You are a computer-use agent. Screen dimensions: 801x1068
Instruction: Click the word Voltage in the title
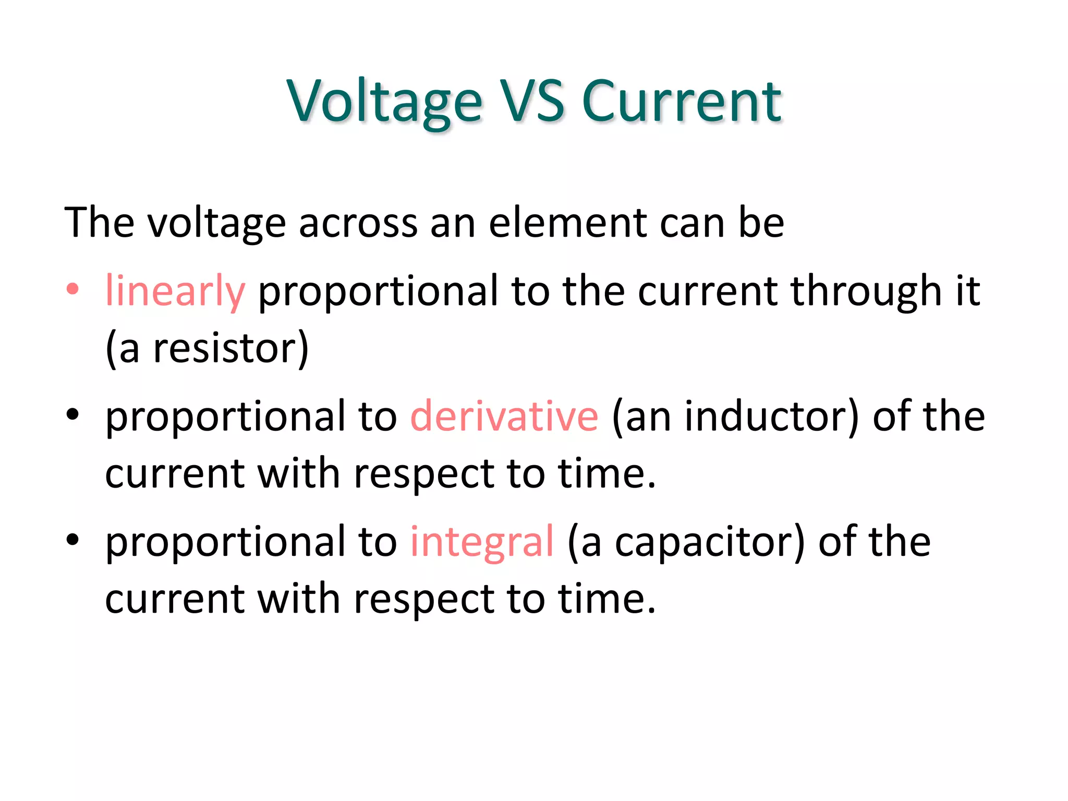click(x=384, y=102)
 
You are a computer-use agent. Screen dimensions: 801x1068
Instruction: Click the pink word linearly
click(x=175, y=292)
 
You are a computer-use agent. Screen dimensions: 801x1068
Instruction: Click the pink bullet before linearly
click(x=72, y=289)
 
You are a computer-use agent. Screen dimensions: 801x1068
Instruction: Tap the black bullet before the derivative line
click(x=72, y=415)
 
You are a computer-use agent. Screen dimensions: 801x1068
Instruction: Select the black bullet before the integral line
click(x=72, y=540)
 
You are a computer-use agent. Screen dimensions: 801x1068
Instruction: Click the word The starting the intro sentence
click(x=99, y=223)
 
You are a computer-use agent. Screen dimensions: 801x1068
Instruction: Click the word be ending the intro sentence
click(x=761, y=223)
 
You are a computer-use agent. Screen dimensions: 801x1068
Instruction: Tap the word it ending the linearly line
click(x=968, y=290)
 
